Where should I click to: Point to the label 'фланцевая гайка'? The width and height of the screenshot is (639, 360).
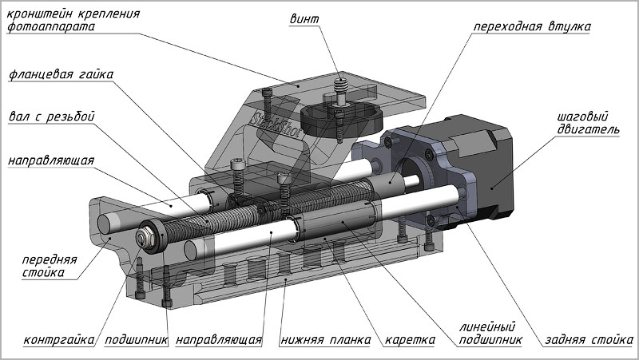pyautogui.click(x=62, y=75)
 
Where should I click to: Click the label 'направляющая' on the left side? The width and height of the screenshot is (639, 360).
pyautogui.click(x=51, y=160)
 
